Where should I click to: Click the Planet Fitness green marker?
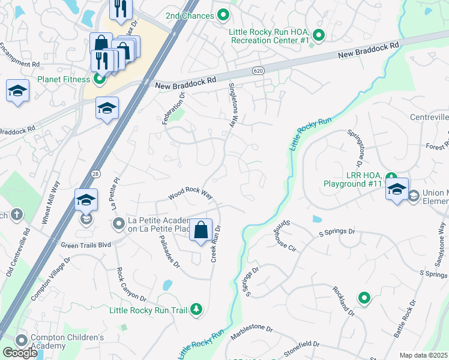pos(100,79)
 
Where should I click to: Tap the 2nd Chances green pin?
pos(223,15)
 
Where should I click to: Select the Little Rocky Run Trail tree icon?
pos(196,310)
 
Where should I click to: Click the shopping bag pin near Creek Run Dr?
pos(201,229)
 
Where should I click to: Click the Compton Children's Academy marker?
pos(23,341)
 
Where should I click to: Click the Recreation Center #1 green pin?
pos(319,35)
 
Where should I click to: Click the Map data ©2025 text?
pos(424,355)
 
